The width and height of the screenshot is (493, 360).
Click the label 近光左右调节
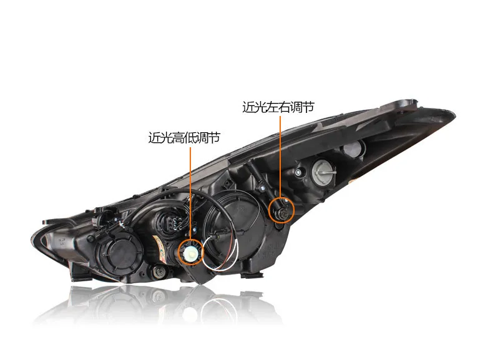pyautogui.click(x=278, y=107)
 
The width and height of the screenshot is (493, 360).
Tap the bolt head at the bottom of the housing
pyautogui.click(x=158, y=272)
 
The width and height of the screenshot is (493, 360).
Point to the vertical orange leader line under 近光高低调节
pyautogui.click(x=190, y=187)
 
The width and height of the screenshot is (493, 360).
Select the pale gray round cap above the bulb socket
pyautogui.click(x=353, y=148)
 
